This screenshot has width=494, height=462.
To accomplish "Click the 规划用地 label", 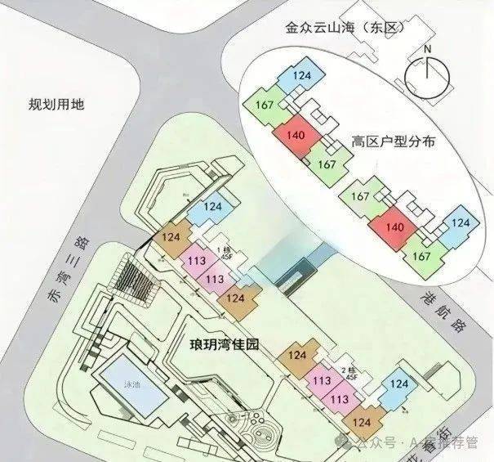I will (x=56, y=105).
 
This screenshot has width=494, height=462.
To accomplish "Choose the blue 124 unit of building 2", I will (x=399, y=384).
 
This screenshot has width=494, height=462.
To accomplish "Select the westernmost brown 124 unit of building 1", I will (x=171, y=238).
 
